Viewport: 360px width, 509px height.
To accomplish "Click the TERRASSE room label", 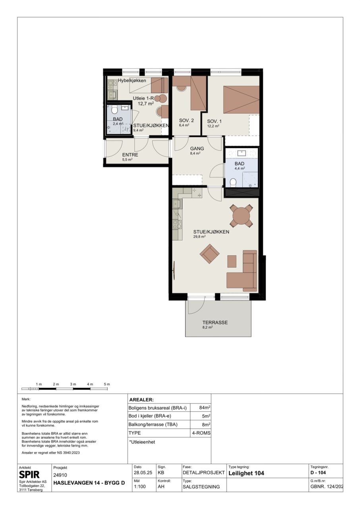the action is (215, 322).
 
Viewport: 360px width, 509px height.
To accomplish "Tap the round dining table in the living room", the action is (241, 215).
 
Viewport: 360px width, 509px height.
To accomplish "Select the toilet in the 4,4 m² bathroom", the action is (233, 182).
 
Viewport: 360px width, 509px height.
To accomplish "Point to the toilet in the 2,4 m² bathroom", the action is (114, 110).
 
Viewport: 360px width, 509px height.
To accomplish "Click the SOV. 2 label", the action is (186, 120).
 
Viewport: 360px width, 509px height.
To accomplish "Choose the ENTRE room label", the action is (130, 155).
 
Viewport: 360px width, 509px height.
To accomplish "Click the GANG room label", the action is (197, 149).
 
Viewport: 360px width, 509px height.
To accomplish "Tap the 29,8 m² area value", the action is (199, 237).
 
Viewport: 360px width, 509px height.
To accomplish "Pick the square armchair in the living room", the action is (209, 254).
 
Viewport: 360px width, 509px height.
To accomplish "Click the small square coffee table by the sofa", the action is (232, 261).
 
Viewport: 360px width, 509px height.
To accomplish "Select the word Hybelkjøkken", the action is (132, 81).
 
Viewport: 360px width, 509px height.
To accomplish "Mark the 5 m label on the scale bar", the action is (107, 384).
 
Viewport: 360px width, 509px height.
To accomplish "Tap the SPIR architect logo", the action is (29, 475).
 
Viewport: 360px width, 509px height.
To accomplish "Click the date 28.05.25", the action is (143, 473).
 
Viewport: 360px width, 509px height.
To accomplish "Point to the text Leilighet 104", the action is (246, 473).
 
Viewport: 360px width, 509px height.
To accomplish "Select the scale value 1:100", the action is (140, 486).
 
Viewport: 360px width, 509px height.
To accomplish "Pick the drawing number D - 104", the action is (318, 473).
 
